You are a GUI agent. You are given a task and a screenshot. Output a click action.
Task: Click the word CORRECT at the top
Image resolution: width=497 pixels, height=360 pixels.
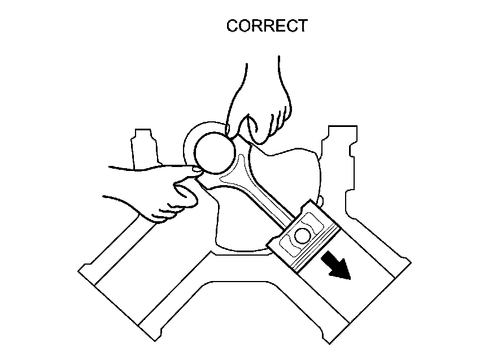[267, 26]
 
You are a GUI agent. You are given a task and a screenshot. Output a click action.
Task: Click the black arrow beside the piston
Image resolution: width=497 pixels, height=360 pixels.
[335, 266]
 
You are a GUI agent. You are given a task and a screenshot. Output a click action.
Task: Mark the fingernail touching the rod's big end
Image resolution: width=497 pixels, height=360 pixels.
[195, 168]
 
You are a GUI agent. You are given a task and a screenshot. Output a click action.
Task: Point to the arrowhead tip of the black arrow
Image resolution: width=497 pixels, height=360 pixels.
[349, 279]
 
